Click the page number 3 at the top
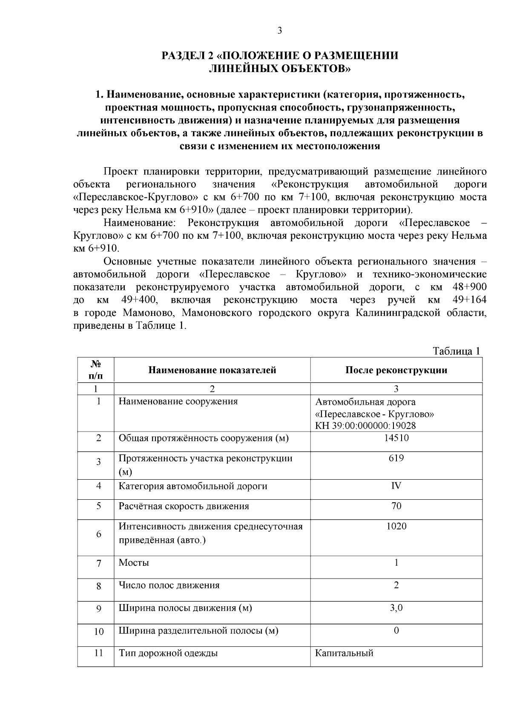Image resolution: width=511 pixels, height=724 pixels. (x=279, y=30)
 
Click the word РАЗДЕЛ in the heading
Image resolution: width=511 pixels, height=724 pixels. (x=182, y=56)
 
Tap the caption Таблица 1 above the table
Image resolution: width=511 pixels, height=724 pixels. (x=456, y=351)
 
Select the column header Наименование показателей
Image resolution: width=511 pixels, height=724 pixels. (x=212, y=370)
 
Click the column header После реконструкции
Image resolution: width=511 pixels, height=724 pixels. (x=396, y=370)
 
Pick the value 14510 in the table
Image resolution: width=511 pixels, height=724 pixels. (x=396, y=438)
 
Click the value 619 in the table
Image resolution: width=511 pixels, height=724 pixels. (x=396, y=458)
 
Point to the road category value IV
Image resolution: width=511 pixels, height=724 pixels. (x=396, y=486)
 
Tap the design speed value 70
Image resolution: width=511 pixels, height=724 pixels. (x=396, y=506)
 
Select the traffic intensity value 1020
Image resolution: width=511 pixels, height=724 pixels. (x=396, y=526)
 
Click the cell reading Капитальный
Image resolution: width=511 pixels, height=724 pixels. (x=344, y=653)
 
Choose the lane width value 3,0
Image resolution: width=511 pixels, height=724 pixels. (x=396, y=608)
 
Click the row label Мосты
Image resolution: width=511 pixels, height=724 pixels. (x=134, y=562)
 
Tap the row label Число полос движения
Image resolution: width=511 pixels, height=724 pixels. (x=169, y=585)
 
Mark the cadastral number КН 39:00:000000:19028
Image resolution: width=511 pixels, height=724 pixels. (x=365, y=425)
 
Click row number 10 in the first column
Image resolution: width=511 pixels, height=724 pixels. (x=98, y=631)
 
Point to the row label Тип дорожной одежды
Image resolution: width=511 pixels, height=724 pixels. (x=168, y=653)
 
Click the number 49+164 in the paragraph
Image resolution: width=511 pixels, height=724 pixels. (x=469, y=300)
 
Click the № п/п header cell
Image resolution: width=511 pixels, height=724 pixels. (x=96, y=370)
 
